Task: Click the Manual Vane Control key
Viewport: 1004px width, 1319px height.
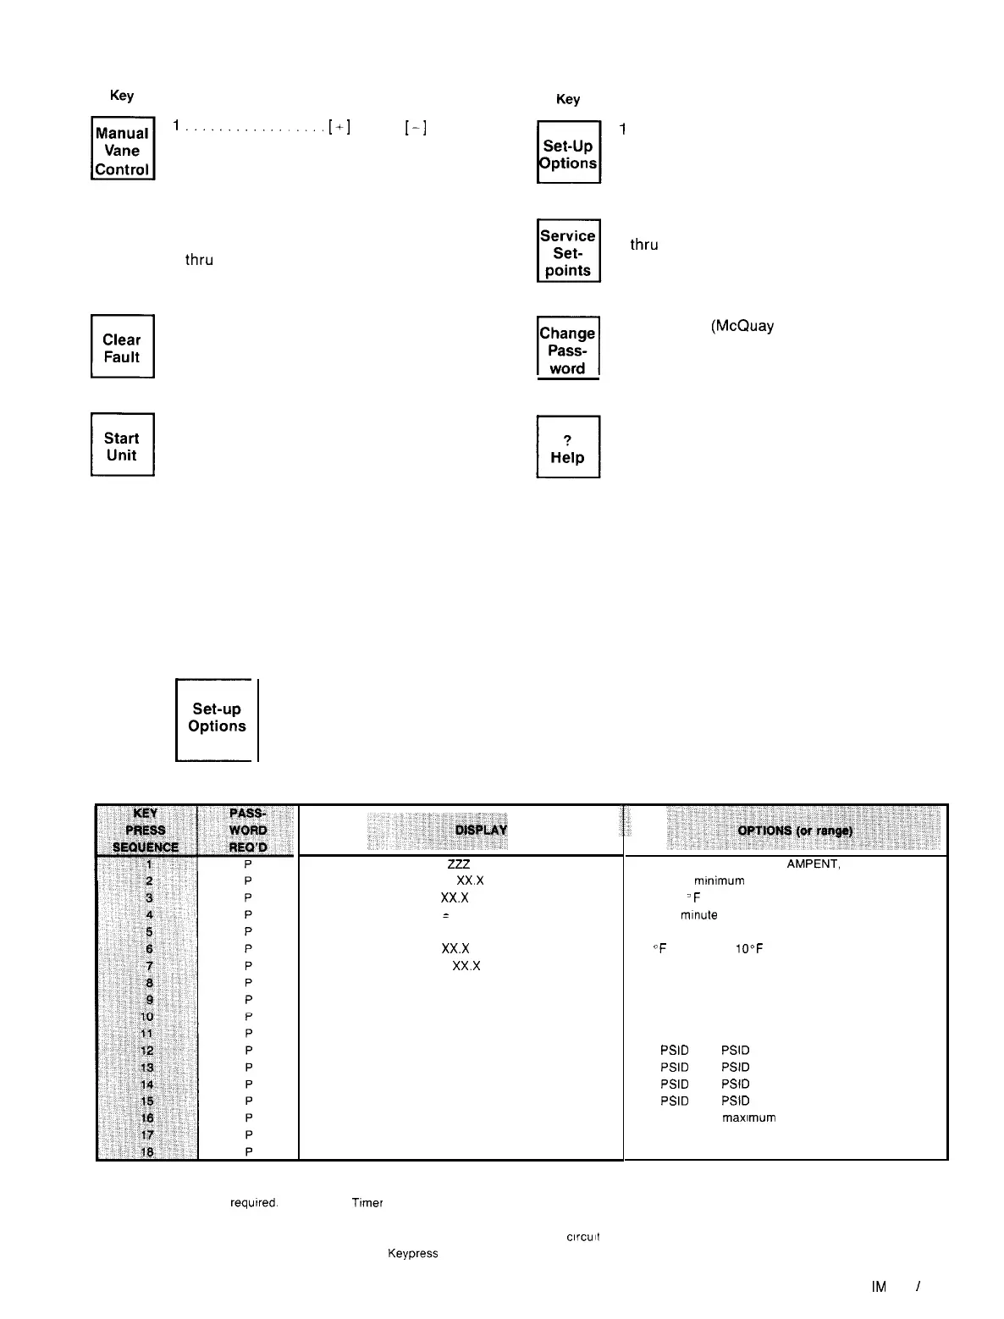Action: [x=123, y=150]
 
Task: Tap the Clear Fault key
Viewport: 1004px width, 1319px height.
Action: [x=122, y=348]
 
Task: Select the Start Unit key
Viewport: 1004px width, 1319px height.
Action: [x=122, y=446]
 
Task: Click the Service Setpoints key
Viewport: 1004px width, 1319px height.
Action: [x=568, y=252]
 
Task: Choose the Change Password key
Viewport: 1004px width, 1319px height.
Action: [x=567, y=350]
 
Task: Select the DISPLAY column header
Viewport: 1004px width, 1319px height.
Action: [x=481, y=830]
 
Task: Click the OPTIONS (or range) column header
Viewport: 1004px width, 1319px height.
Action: [x=795, y=831]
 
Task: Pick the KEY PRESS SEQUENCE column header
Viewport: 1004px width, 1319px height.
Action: [x=146, y=830]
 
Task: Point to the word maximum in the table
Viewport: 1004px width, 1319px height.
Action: [x=748, y=1118]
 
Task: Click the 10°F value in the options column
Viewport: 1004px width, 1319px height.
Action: [x=749, y=949]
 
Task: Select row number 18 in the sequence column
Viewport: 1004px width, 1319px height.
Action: [x=147, y=1151]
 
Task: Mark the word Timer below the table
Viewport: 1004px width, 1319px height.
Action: [x=367, y=1203]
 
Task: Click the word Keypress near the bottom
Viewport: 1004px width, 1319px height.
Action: [x=412, y=1254]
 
